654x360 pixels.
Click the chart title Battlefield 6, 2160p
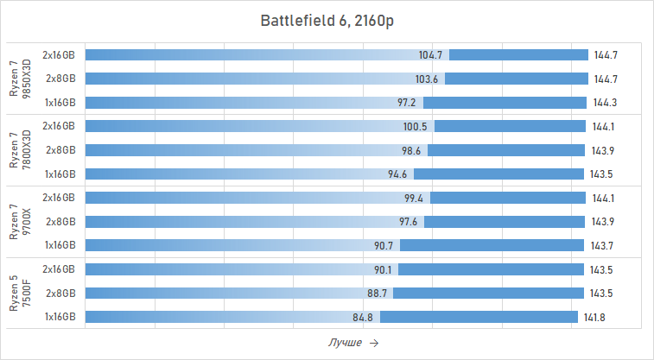pyautogui.click(x=327, y=21)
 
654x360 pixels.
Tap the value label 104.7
pyautogui.click(x=430, y=55)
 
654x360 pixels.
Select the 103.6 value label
pyautogui.click(x=426, y=79)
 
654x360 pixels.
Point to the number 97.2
pyautogui.click(x=407, y=102)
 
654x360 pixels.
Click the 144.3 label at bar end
pyautogui.click(x=605, y=102)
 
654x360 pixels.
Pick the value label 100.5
pyautogui.click(x=416, y=126)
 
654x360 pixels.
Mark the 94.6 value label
pyautogui.click(x=397, y=174)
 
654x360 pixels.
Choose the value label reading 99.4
pyautogui.click(x=414, y=198)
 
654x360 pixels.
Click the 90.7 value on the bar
pyautogui.click(x=384, y=245)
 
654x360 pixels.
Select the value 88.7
pyautogui.click(x=377, y=293)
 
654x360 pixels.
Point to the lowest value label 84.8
pyautogui.click(x=363, y=317)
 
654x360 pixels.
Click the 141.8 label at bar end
pyautogui.click(x=594, y=317)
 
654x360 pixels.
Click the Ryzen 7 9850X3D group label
pyautogui.click(x=19, y=79)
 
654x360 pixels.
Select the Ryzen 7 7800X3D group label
pyautogui.click(x=19, y=149)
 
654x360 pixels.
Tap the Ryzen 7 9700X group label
pyautogui.click(x=19, y=221)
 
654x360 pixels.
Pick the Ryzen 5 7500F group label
pyautogui.click(x=19, y=293)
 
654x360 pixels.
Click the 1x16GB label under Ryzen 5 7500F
pyautogui.click(x=60, y=317)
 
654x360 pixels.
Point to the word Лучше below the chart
pyautogui.click(x=345, y=343)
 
